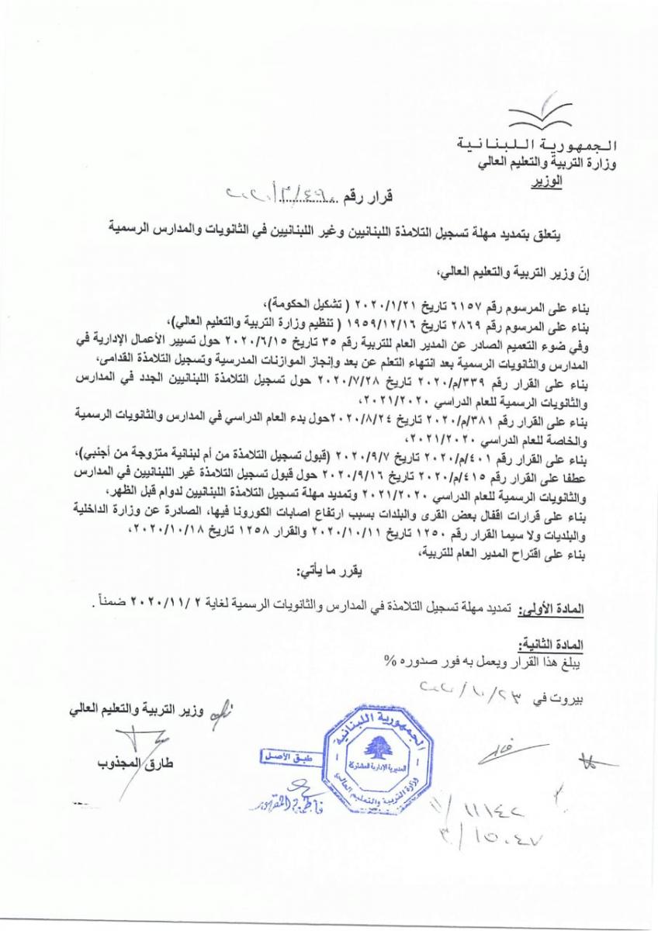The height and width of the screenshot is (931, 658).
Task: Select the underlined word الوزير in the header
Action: (547, 183)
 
